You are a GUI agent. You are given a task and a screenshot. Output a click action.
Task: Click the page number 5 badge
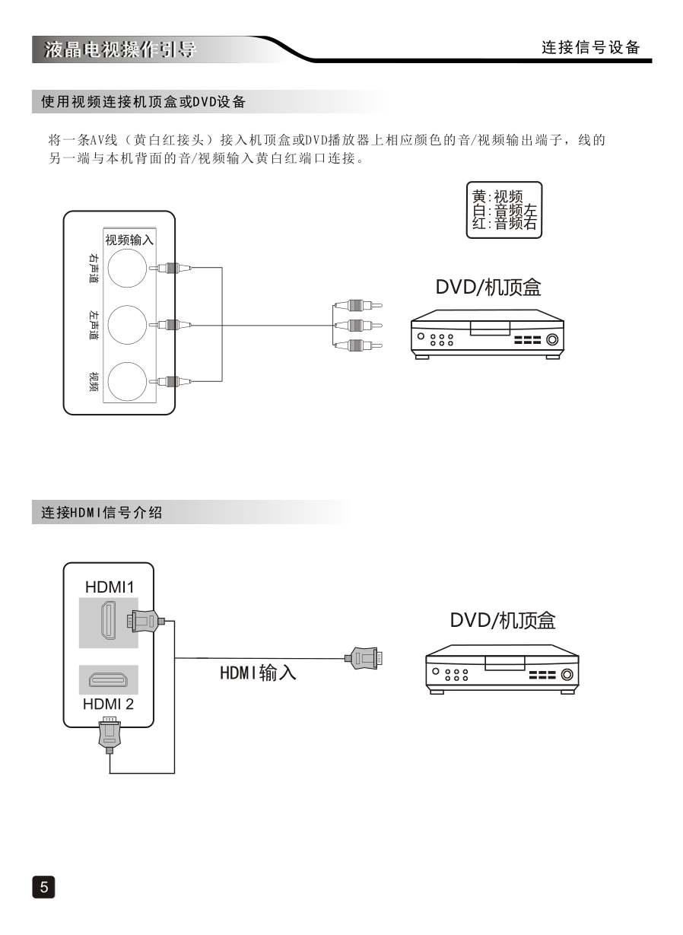pyautogui.click(x=43, y=886)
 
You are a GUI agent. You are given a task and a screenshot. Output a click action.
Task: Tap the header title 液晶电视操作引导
pyautogui.click(x=120, y=50)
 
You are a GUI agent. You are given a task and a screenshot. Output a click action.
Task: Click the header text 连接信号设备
pyautogui.click(x=591, y=47)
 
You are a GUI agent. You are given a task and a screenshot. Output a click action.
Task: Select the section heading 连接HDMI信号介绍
pyautogui.click(x=102, y=513)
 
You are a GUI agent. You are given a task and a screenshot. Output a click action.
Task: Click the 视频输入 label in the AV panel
pyautogui.click(x=129, y=240)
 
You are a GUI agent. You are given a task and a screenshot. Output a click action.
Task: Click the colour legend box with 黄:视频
pyautogui.click(x=504, y=210)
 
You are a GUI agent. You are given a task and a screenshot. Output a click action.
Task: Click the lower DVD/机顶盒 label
pyautogui.click(x=502, y=621)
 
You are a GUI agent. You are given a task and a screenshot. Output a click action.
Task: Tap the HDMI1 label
pyautogui.click(x=109, y=587)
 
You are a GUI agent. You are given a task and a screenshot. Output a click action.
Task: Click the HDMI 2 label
pyautogui.click(x=108, y=704)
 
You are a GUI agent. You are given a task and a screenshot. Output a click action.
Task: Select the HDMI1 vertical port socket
pyautogui.click(x=109, y=622)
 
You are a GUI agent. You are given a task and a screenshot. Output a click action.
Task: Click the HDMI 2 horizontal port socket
pyautogui.click(x=109, y=679)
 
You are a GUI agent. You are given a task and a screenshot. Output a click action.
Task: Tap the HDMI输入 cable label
pyautogui.click(x=258, y=673)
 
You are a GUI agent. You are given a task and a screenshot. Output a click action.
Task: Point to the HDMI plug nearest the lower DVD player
pyautogui.click(x=364, y=657)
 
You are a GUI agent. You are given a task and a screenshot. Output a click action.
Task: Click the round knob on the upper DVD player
pyautogui.click(x=552, y=340)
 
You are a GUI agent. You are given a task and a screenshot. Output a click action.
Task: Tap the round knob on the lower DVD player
pyautogui.click(x=567, y=673)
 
